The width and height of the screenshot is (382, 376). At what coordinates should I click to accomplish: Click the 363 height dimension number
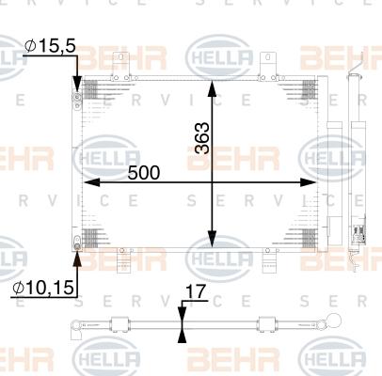(200, 138)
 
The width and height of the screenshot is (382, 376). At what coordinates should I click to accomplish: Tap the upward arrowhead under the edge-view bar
(183, 337)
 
